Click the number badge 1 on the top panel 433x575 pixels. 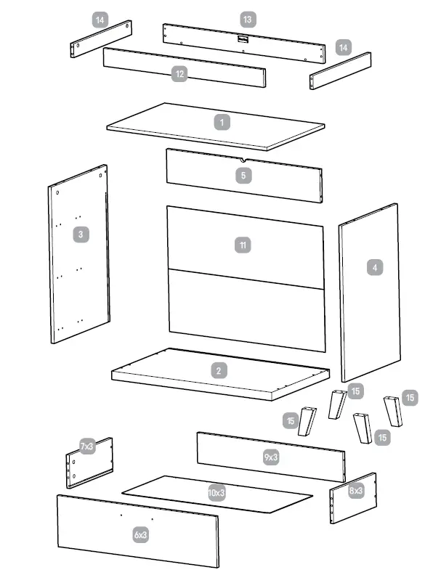[x=222, y=122]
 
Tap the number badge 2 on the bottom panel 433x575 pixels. [x=219, y=371]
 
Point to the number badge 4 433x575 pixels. [x=375, y=267]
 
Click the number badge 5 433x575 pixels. [x=244, y=175]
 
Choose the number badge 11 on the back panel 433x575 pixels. [x=243, y=245]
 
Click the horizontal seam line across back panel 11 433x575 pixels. [x=246, y=279]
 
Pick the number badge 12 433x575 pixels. [x=179, y=73]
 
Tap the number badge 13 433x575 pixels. [x=247, y=18]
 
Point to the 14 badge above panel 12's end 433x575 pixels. [x=101, y=20]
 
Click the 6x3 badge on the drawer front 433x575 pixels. [x=140, y=534]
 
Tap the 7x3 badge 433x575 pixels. [x=87, y=446]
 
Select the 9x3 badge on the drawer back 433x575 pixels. [x=271, y=457]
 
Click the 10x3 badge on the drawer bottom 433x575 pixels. [x=216, y=492]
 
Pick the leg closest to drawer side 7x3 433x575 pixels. [x=308, y=421]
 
